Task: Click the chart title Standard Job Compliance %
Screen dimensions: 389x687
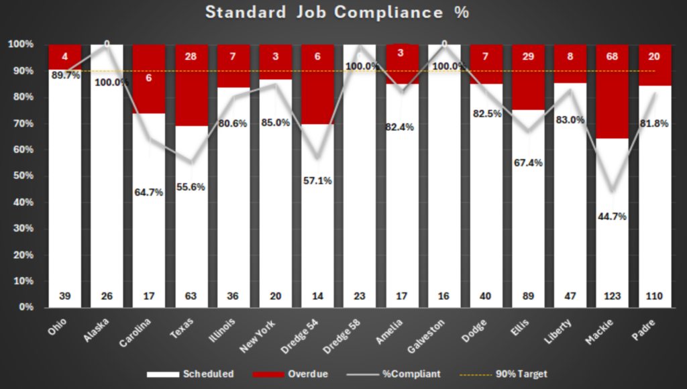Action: point(337,13)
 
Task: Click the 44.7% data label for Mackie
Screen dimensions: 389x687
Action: point(613,216)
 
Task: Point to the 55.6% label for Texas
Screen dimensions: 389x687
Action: point(191,187)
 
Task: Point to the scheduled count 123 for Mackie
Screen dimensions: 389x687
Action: point(613,296)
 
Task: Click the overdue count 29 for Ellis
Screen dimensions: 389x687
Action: point(528,56)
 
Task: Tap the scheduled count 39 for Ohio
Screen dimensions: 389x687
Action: point(65,296)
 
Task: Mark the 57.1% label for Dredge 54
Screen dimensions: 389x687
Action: point(318,180)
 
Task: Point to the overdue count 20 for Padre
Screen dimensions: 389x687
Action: point(655,56)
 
